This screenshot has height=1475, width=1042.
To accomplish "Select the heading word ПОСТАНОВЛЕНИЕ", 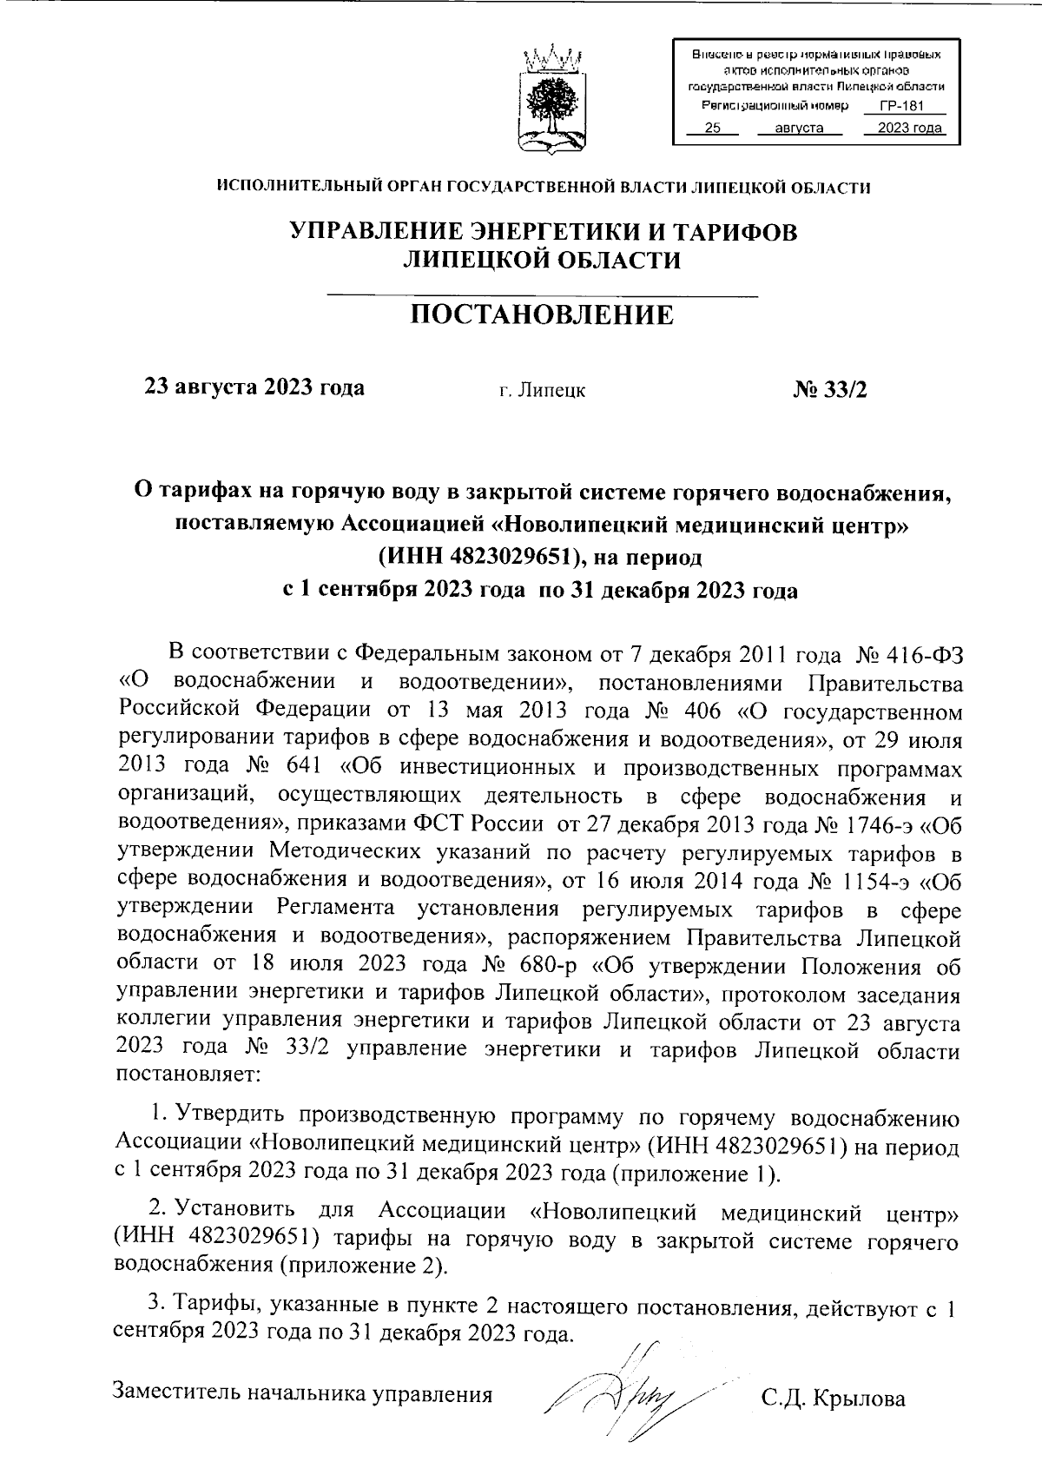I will point(541,315).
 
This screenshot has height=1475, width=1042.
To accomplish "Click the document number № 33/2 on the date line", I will point(830,389).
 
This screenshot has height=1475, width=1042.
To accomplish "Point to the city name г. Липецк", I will point(542,391).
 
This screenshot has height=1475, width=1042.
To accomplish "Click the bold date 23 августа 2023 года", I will point(254,387).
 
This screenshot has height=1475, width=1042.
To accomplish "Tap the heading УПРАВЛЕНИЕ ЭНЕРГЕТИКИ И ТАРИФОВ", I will point(542,232).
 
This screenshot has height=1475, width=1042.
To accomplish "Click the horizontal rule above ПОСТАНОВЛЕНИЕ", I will point(542,298).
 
